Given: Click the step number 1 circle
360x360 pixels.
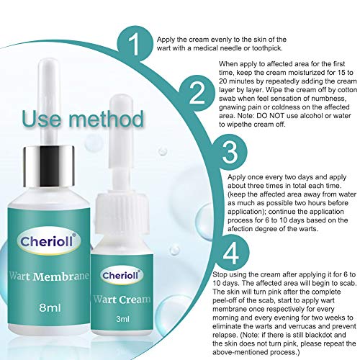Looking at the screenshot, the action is [x=135, y=44].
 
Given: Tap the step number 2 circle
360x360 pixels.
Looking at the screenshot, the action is [x=197, y=94].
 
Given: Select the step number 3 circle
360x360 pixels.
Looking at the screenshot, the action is [x=230, y=152].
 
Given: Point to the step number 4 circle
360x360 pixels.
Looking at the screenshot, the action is [x=231, y=253].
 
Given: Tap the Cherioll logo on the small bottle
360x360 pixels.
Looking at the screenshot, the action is [x=122, y=275].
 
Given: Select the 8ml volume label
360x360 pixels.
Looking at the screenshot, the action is [x=50, y=307].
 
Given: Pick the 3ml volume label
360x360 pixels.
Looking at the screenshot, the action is [x=122, y=319].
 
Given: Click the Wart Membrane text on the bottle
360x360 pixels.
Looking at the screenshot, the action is [x=49, y=276].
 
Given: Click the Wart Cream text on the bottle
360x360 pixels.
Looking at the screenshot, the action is [x=122, y=300].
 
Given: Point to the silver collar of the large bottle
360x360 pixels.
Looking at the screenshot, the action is [x=48, y=166].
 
